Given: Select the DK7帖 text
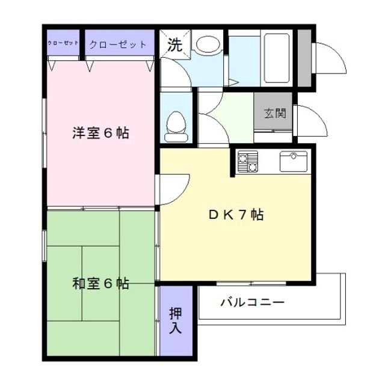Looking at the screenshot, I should (x=235, y=215).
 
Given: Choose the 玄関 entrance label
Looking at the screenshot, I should (x=274, y=112).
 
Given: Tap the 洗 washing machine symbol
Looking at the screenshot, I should (x=174, y=44).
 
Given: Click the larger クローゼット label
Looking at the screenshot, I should (x=118, y=45).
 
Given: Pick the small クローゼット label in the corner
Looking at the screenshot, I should (x=63, y=43).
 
